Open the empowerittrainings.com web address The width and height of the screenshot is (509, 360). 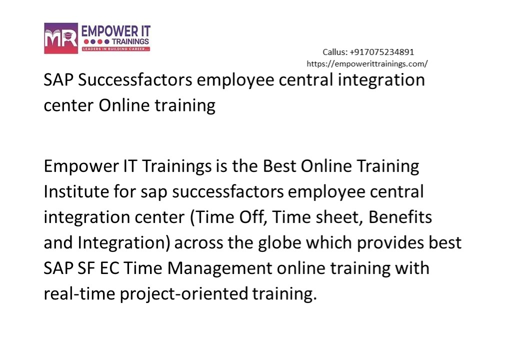click(x=366, y=63)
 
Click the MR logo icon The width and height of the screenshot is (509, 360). click(x=60, y=38)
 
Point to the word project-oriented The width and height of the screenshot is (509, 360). click(x=183, y=293)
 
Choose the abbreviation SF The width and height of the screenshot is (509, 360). click(x=89, y=268)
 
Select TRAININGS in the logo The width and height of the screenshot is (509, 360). click(x=124, y=41)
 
